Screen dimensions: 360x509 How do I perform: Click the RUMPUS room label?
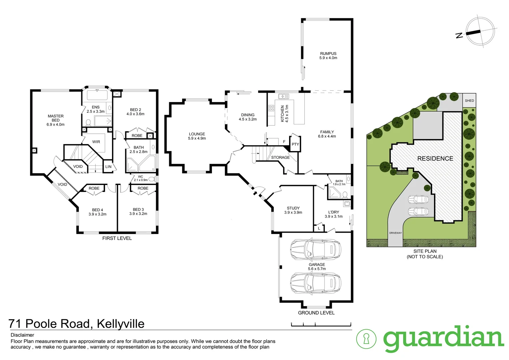pos(328,54)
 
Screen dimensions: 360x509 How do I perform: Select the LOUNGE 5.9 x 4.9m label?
pos(197,136)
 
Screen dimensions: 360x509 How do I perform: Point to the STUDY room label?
pos(293,208)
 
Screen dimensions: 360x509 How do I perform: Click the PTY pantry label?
pos(295,144)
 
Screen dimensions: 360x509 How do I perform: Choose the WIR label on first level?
pos(96,142)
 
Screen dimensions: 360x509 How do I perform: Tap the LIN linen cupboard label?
pos(108,167)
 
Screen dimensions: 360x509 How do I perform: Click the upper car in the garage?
pos(315,249)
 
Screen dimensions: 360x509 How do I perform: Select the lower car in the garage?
pos(315,283)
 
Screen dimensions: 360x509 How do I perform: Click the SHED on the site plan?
pos(469,101)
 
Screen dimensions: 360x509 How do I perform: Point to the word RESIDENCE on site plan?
pos(435,159)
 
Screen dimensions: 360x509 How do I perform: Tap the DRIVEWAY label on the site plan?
pos(395,233)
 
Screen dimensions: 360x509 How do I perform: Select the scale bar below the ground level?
pos(321,324)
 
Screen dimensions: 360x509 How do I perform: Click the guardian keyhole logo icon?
pos(366,339)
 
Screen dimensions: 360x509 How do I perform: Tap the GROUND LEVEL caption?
pos(316,313)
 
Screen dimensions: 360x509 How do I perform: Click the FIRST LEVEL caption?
pos(117,238)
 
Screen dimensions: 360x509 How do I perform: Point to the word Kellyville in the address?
pos(121,324)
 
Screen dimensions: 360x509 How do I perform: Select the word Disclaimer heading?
pos(22,335)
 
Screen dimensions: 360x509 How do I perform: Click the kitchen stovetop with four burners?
pos(271,108)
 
